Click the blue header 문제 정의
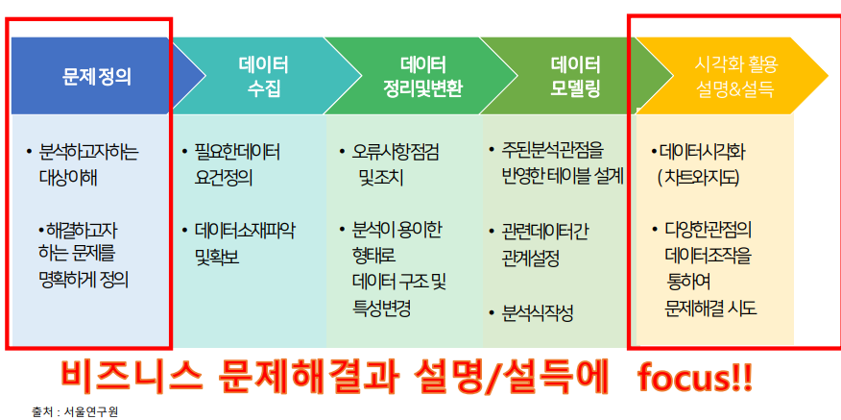[97, 77]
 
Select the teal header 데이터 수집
[263, 77]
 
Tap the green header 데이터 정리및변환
[422, 77]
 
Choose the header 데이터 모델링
[575, 77]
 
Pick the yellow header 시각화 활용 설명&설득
[735, 77]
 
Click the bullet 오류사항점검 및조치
[389, 165]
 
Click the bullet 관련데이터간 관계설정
[539, 245]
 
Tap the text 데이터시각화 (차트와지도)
[698, 165]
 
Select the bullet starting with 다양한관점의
[705, 269]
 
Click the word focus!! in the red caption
[695, 379]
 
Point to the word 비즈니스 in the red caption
[132, 378]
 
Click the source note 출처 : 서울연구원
[74, 412]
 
